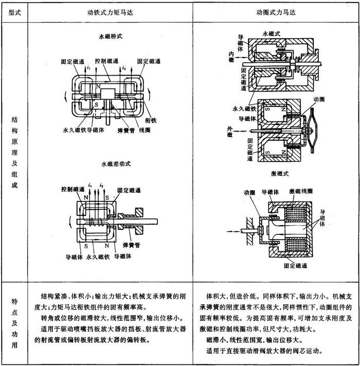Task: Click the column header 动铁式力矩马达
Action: tap(111, 11)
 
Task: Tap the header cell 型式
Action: tap(14, 11)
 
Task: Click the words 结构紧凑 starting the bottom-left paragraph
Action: tap(52, 297)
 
